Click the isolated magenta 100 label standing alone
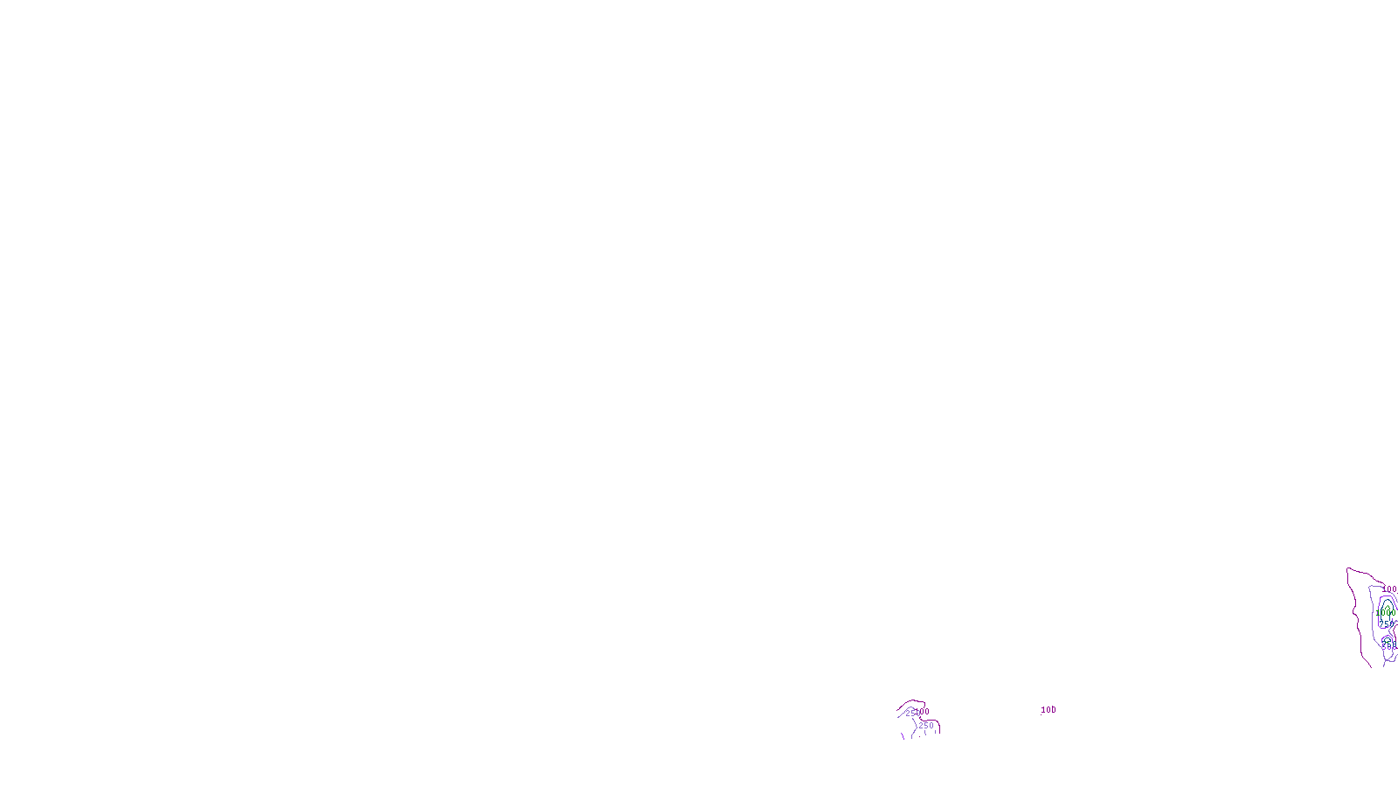[x=1048, y=710]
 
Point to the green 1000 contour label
[x=1385, y=613]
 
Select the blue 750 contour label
[x=1386, y=624]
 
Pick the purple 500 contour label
[x=1388, y=646]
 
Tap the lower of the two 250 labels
[x=926, y=726]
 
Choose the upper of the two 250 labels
[x=912, y=714]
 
